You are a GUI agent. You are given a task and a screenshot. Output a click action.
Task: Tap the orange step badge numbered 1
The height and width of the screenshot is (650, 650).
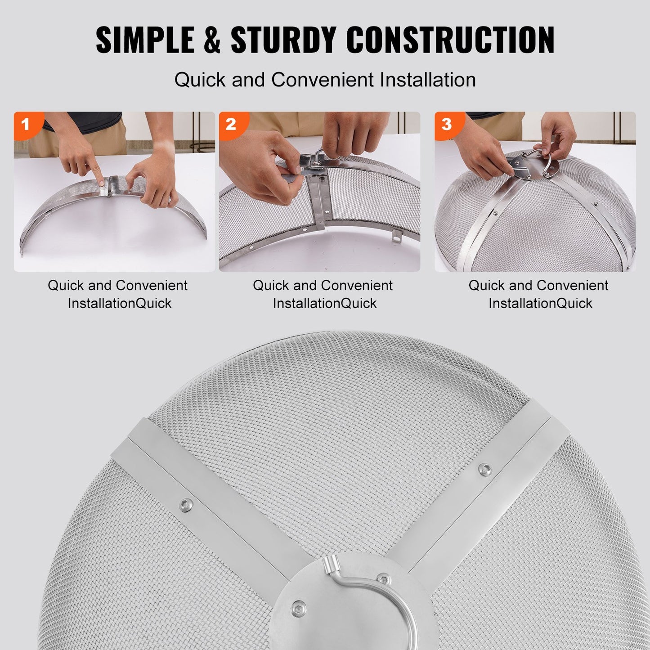25,123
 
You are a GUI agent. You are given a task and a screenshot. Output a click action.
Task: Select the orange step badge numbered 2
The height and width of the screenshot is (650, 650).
231,124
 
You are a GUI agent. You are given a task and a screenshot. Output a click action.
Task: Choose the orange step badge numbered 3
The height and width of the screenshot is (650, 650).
446,124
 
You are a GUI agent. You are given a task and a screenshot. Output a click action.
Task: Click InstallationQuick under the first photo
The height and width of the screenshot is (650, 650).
120,303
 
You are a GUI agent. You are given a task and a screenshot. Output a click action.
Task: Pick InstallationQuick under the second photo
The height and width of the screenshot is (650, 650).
325,303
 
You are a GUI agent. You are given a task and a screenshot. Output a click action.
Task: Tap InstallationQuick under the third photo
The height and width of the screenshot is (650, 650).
540,303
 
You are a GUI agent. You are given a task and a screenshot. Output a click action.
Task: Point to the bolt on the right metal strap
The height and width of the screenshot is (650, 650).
484,468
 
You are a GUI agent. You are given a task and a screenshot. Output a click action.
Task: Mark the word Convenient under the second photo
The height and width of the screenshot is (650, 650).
357,286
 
